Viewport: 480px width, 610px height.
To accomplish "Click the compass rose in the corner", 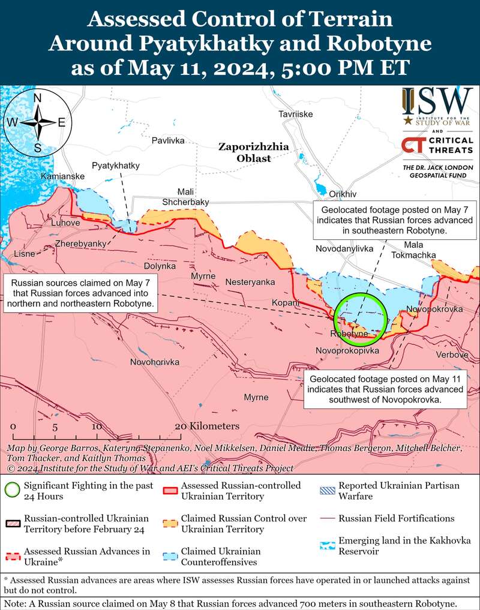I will pyautogui.click(x=37, y=122).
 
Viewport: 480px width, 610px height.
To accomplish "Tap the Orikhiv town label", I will pyautogui.click(x=343, y=194).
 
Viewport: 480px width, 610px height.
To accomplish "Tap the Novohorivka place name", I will pyautogui.click(x=155, y=362).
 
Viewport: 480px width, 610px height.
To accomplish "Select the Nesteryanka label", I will pyautogui.click(x=250, y=282).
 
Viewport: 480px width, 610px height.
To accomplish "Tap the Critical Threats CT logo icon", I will pyautogui.click(x=411, y=145).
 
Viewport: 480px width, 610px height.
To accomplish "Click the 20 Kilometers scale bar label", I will pyautogui.click(x=207, y=426).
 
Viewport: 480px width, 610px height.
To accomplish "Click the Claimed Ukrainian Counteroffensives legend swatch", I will pyautogui.click(x=172, y=556).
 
